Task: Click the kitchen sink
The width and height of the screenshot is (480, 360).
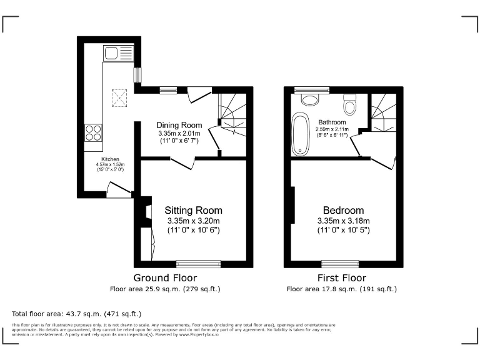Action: pos(118,52)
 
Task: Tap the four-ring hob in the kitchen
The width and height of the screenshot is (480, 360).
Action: pos(93,132)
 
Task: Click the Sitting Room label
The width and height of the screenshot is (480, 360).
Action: pos(193,211)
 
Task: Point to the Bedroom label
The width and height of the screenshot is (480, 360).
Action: pos(343,211)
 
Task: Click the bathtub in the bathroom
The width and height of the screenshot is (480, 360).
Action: pos(301,134)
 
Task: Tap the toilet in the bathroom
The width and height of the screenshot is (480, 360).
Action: pos(349,105)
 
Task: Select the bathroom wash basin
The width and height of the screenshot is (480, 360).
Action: pos(309,99)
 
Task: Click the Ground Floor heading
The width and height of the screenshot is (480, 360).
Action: pos(165,278)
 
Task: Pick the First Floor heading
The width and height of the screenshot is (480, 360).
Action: pos(341,278)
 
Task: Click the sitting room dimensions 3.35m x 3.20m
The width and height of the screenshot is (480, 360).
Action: pos(193,221)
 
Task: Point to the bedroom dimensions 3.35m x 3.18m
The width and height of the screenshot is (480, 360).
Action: pos(343,221)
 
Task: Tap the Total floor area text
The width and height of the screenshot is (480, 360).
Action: pos(77,313)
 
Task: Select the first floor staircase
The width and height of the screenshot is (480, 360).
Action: pos(382,112)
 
